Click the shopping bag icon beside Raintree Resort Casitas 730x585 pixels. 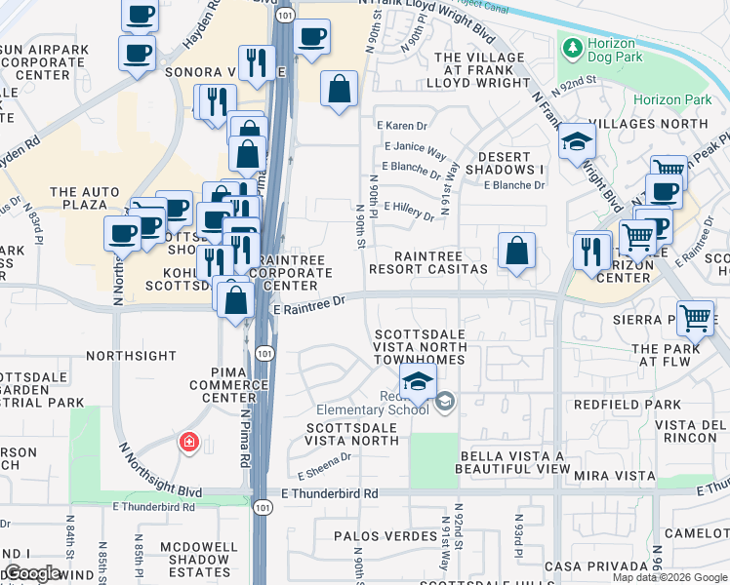pos(516,250)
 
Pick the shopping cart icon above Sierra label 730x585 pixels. pos(694,316)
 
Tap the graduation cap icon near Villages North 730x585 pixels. pos(577,141)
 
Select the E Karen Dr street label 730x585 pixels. pos(402,126)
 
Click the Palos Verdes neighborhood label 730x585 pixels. pos(385,536)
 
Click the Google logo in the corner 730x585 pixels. pos(31,573)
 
